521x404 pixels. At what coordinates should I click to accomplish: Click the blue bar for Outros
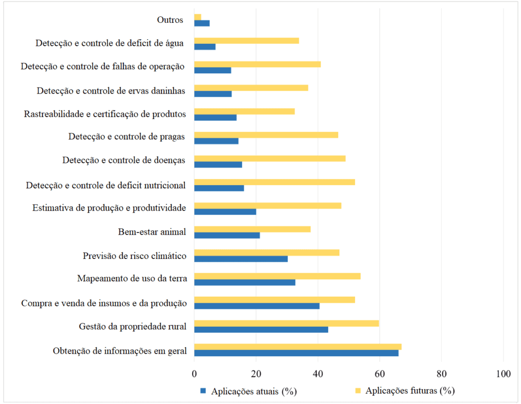pyautogui.click(x=202, y=23)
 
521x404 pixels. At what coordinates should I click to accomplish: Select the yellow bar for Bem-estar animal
pyautogui.click(x=252, y=229)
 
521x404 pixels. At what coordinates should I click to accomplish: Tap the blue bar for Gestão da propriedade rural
pyautogui.click(x=261, y=330)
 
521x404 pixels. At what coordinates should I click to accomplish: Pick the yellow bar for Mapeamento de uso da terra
pyautogui.click(x=277, y=276)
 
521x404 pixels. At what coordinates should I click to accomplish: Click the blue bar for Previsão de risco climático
pyautogui.click(x=241, y=259)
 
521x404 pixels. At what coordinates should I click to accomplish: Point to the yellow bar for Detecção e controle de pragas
pyautogui.click(x=266, y=135)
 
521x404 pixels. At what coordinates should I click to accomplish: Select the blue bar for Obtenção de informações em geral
pyautogui.click(x=296, y=353)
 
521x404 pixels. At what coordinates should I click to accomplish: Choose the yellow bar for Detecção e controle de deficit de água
pyautogui.click(x=246, y=41)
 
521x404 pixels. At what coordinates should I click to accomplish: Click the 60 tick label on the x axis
pyautogui.click(x=380, y=374)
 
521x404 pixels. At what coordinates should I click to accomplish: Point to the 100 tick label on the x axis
pyautogui.click(x=503, y=374)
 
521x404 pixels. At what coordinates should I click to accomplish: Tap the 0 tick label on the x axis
pyautogui.click(x=194, y=374)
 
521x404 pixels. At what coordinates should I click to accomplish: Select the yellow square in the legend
pyautogui.click(x=358, y=391)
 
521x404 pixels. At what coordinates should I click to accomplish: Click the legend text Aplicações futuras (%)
pyautogui.click(x=410, y=391)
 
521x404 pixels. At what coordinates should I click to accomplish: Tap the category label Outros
pyautogui.click(x=170, y=20)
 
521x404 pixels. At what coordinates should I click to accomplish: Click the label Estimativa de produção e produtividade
pyautogui.click(x=109, y=208)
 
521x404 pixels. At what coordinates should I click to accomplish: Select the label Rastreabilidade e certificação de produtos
pyautogui.click(x=105, y=114)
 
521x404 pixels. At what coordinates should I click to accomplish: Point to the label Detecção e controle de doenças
pyautogui.click(x=124, y=161)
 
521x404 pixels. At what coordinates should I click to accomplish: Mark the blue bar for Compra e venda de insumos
pyautogui.click(x=257, y=306)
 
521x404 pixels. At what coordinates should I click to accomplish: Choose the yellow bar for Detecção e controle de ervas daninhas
pyautogui.click(x=251, y=88)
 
